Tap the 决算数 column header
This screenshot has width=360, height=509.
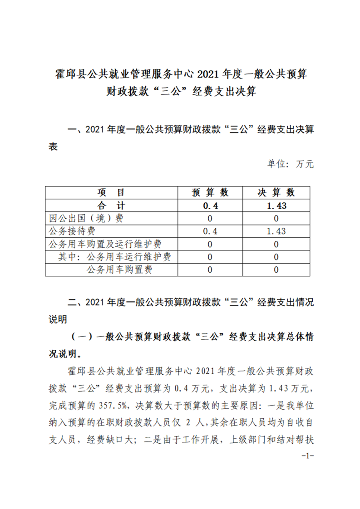click(276, 192)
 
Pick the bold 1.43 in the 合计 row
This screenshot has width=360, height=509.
click(276, 206)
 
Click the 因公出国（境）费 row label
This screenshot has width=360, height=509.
click(86, 218)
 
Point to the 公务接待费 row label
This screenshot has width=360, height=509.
click(73, 231)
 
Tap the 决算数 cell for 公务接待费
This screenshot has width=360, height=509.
click(276, 231)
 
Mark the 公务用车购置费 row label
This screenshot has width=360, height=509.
click(119, 270)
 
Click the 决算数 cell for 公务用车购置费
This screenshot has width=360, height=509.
click(276, 270)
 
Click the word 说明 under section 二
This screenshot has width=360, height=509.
click(58, 319)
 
